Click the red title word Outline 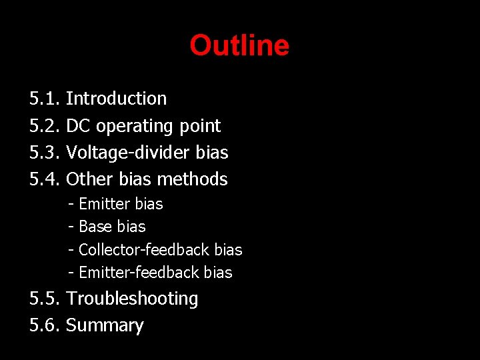click(x=239, y=46)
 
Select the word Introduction click(x=117, y=99)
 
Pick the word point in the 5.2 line click(x=200, y=126)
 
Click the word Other click(x=86, y=179)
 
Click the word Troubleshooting click(x=132, y=299)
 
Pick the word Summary click(x=105, y=326)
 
